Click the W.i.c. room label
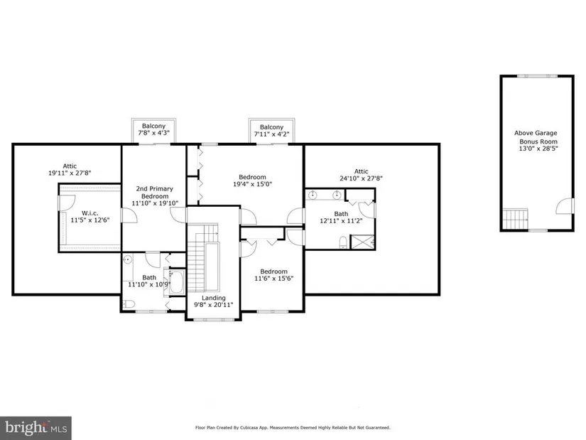[x=90, y=213]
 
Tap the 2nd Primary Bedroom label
[x=155, y=193]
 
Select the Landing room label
[x=213, y=298]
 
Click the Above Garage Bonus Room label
[x=536, y=137]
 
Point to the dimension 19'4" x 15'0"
[x=252, y=184]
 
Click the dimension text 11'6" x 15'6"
[x=273, y=279]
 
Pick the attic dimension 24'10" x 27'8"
[x=361, y=178]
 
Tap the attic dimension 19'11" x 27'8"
[x=70, y=173]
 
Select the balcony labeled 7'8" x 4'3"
[x=153, y=132]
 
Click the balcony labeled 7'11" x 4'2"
[x=272, y=132]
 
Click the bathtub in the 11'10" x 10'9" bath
[x=176, y=282]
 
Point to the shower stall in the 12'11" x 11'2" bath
[x=362, y=242]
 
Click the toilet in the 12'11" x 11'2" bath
[x=343, y=242]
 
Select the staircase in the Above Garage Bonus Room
[x=515, y=219]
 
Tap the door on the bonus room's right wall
[x=565, y=206]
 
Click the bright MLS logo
[x=36, y=428]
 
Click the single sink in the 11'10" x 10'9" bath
[x=127, y=259]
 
